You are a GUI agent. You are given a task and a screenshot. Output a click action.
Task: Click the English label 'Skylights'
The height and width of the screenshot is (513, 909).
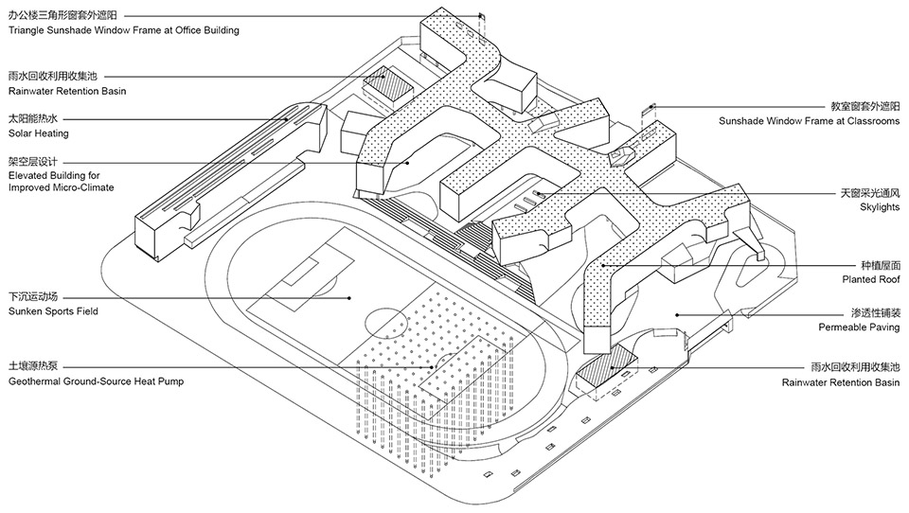[880, 206]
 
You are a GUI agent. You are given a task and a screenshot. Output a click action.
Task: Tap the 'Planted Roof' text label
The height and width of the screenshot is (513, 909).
[870, 280]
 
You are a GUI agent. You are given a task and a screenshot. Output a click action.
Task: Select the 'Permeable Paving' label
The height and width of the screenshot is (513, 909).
[859, 327]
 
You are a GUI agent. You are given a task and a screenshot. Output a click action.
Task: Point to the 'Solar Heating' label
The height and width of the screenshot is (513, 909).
[39, 133]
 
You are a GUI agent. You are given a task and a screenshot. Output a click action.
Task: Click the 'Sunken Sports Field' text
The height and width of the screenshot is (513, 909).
[53, 310]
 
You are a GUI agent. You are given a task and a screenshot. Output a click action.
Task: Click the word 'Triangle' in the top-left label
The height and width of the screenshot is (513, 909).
[29, 30]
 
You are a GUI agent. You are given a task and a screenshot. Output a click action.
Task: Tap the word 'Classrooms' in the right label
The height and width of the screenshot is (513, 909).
[867, 121]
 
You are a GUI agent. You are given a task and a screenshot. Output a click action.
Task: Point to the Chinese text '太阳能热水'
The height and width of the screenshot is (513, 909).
[34, 119]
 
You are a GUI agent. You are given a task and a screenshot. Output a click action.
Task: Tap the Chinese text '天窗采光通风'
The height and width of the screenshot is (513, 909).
[867, 192]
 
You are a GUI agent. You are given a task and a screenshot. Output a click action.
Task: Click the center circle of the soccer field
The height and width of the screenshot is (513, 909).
[385, 323]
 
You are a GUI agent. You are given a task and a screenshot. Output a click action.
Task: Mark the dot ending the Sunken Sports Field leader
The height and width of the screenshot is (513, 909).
[349, 297]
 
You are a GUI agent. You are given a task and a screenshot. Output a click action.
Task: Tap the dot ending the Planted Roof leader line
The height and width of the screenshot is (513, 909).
[603, 266]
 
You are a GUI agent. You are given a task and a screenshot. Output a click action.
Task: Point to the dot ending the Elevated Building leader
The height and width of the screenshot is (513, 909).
[408, 162]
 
